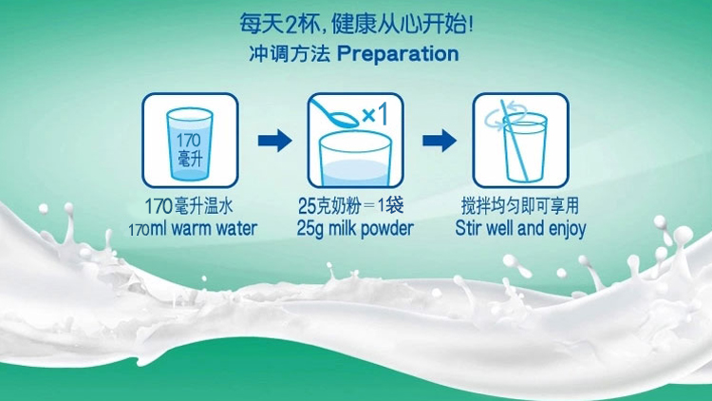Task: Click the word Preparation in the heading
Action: click(x=398, y=54)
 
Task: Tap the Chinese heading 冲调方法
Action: click(x=289, y=53)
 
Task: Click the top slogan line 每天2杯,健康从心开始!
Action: click(x=356, y=24)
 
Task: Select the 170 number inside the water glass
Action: click(x=189, y=140)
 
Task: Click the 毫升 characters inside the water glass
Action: click(x=189, y=158)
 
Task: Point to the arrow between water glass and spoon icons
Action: click(x=274, y=140)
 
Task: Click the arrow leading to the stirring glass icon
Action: click(x=440, y=140)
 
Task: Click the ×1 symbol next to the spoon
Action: click(x=375, y=114)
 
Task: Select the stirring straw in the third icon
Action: click(x=514, y=141)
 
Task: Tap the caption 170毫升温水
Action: click(x=189, y=206)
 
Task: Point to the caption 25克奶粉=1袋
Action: click(x=350, y=206)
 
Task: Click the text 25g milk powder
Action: click(x=355, y=229)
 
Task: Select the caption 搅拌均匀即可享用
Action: click(x=520, y=206)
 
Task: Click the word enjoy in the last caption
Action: click(x=567, y=229)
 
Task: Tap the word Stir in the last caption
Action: click(x=469, y=228)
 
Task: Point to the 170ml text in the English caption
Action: click(x=147, y=229)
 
